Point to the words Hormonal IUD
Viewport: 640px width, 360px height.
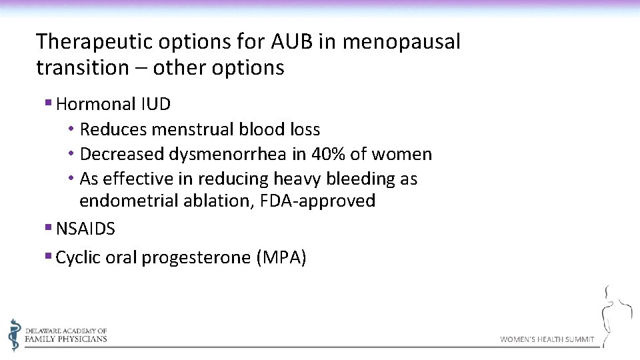click(x=113, y=104)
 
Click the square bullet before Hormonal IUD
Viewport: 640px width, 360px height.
click(x=48, y=103)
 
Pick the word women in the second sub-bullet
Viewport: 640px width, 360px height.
click(x=401, y=155)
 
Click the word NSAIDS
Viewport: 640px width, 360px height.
click(x=85, y=229)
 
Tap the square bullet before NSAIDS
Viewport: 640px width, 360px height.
click(x=48, y=229)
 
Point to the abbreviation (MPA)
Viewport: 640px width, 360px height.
click(x=281, y=258)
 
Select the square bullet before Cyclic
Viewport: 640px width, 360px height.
click(x=48, y=257)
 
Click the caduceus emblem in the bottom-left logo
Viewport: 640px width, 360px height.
click(x=15, y=334)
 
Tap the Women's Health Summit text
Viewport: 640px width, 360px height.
click(x=547, y=339)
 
